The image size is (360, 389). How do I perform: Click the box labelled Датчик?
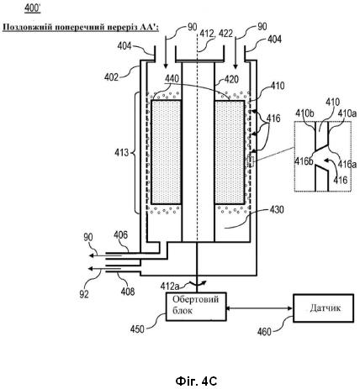tap(323, 308)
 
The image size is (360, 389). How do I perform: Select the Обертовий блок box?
tap(196, 307)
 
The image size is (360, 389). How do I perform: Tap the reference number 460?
tap(264, 332)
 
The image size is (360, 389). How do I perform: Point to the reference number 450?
tap(137, 329)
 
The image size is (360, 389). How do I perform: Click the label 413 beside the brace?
tap(121, 153)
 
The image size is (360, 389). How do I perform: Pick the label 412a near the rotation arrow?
tap(170, 286)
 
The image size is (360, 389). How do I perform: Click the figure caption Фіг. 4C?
tap(196, 381)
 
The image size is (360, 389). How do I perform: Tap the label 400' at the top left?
tap(33, 8)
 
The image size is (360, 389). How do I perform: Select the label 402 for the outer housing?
tap(111, 76)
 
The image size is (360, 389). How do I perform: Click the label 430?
tap(277, 209)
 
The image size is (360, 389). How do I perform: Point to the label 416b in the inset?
tap(304, 161)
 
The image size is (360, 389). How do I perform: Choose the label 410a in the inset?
tap(347, 114)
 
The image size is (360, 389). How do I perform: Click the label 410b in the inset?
tap(305, 113)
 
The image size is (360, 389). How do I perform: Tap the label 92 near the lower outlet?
tap(84, 294)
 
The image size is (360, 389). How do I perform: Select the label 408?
tap(128, 292)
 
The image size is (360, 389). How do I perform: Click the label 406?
tap(120, 234)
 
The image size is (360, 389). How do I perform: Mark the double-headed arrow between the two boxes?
tap(260, 308)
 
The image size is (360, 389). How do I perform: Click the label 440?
tap(172, 79)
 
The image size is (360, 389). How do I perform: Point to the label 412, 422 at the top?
tap(216, 34)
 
